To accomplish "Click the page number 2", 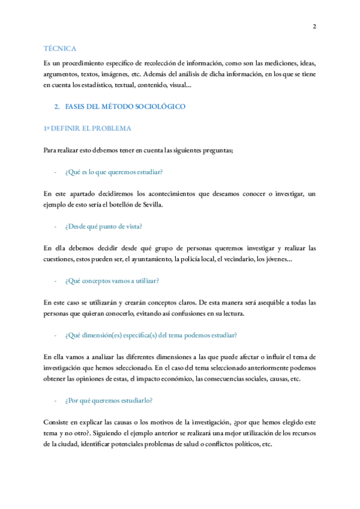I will (x=314, y=26).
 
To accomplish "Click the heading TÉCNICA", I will (x=59, y=48).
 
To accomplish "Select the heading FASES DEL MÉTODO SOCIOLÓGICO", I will (x=125, y=106).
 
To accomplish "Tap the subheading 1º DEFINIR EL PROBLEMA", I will (x=87, y=128).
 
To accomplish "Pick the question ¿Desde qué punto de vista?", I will (x=103, y=226).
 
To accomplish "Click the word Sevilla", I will (x=150, y=205).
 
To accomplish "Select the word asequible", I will (x=259, y=302).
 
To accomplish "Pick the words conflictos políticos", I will (x=229, y=444).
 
